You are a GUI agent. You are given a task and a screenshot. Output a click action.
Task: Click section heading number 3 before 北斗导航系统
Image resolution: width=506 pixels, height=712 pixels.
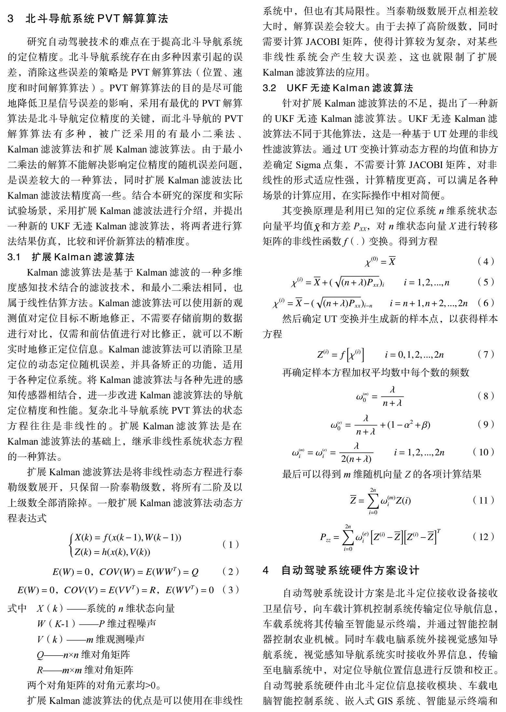pos(11,19)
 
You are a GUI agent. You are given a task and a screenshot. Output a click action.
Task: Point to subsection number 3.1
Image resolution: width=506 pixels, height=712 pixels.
pos(14,257)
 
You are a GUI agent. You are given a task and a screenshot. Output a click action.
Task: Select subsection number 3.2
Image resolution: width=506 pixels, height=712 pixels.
pos(270,88)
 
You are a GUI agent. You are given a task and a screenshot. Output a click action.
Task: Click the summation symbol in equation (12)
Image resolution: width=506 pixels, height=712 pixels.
pos(348,537)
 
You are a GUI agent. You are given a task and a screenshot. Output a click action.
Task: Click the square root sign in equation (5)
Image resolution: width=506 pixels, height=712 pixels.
pos(337,282)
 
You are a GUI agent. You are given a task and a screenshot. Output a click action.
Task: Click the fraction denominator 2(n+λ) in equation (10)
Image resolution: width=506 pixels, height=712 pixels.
pos(356,459)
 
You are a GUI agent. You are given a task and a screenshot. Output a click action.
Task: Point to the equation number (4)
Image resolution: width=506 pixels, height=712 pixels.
pos(486,261)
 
